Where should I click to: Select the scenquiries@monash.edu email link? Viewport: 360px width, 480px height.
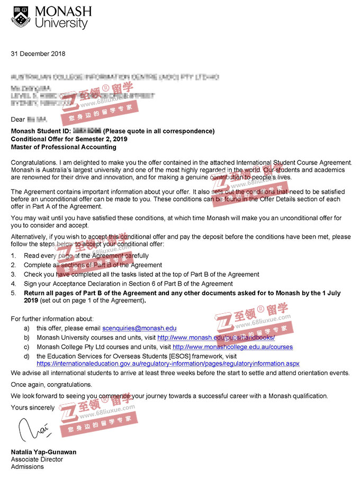139,328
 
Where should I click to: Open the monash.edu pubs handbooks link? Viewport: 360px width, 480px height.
216,337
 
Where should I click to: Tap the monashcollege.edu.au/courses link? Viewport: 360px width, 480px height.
232,347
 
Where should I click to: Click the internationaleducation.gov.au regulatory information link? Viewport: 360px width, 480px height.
167,364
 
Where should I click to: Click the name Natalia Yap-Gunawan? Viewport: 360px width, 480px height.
43,452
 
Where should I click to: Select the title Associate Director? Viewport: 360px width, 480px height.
37,459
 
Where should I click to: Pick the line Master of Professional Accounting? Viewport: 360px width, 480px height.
64,147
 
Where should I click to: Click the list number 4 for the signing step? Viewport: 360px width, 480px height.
13,284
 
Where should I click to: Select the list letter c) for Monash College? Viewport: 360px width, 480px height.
26,347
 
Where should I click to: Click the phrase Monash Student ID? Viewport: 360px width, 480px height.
40,131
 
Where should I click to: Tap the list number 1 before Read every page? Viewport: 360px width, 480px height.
13,256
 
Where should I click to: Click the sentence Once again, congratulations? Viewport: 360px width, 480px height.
51,384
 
